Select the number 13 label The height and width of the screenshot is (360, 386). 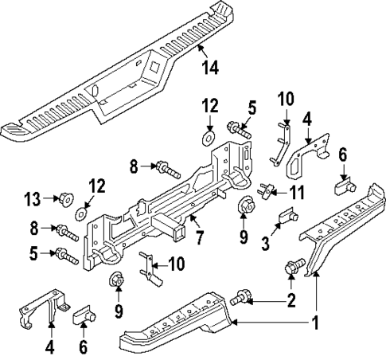32,198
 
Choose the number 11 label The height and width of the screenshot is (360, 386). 297,192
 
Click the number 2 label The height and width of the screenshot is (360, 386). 290,300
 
